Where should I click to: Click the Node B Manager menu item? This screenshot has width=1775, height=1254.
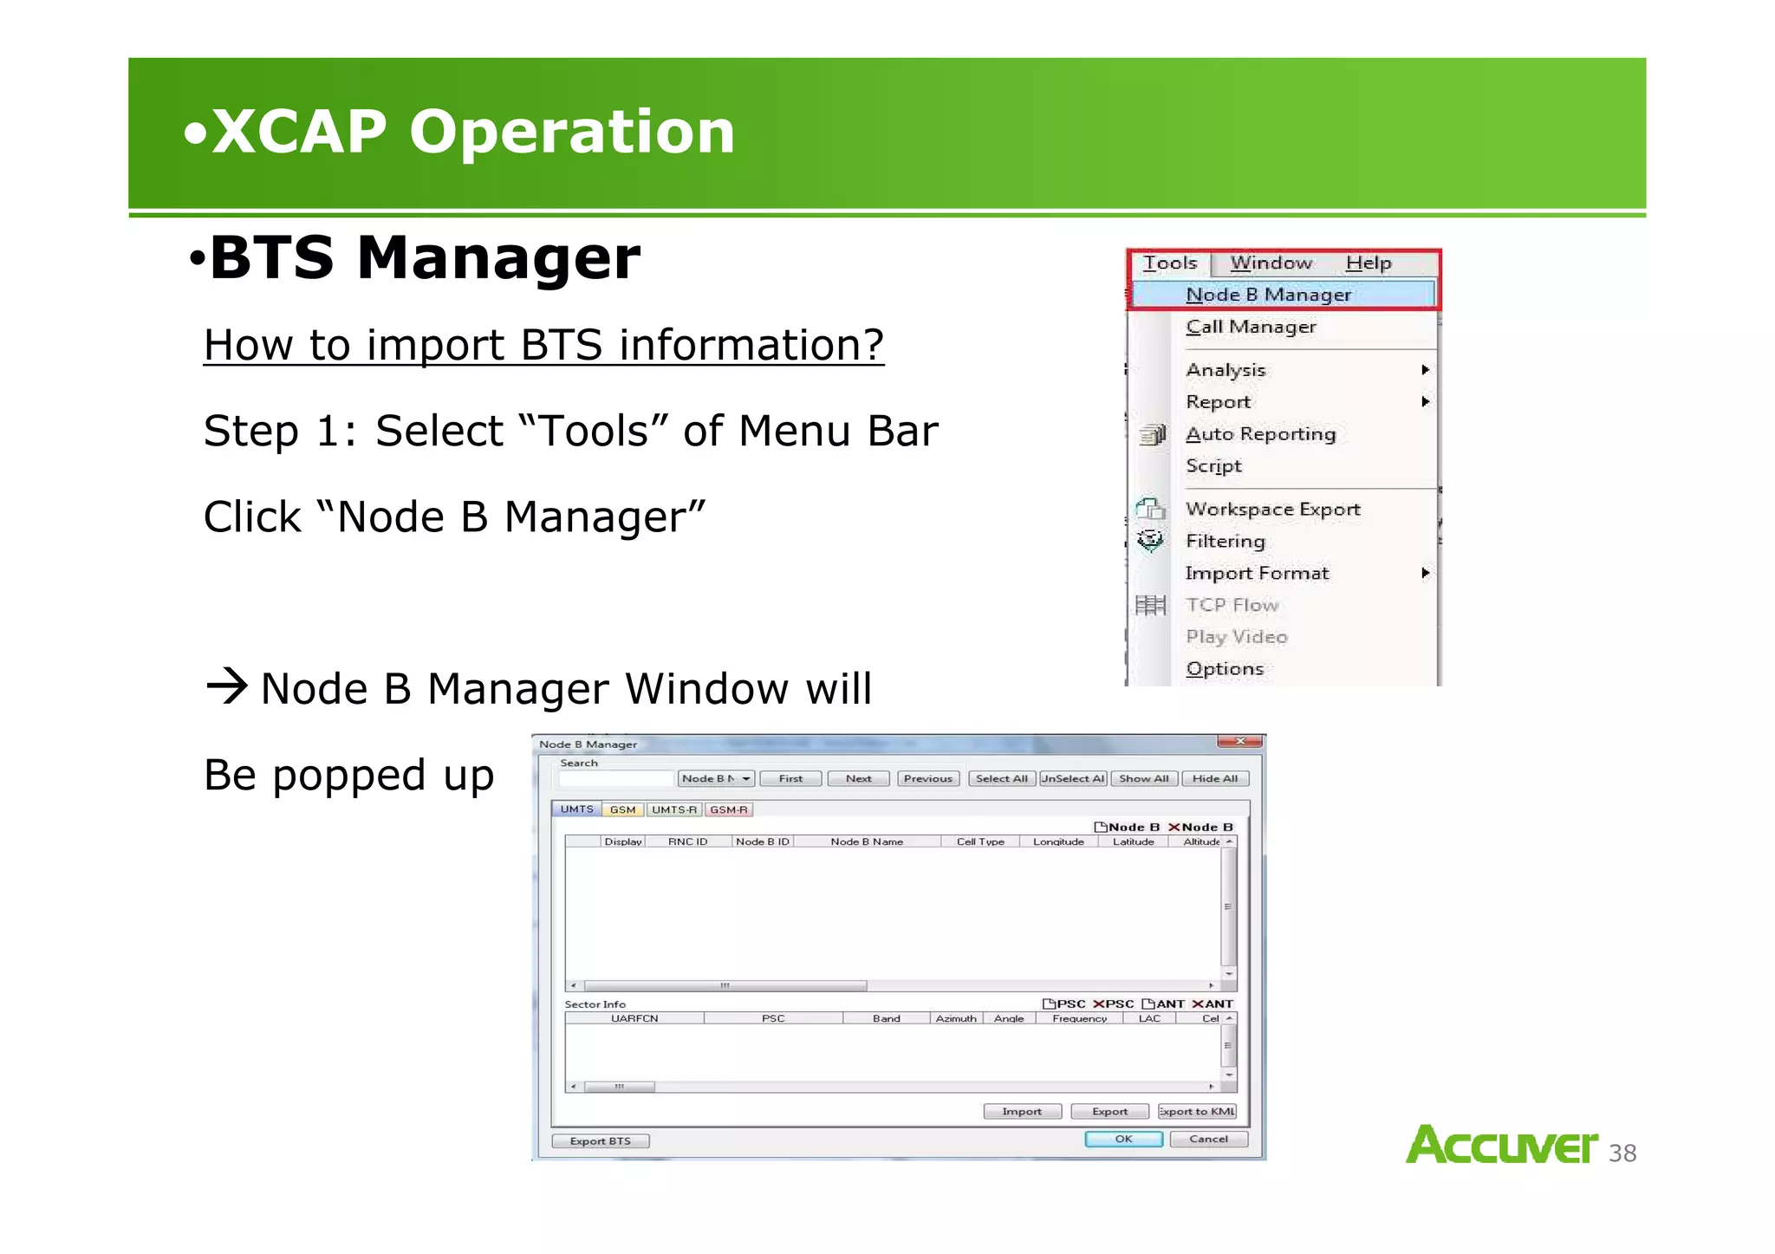point(1267,295)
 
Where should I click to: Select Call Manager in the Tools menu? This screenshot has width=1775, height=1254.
point(1250,327)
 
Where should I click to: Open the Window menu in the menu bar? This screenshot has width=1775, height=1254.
point(1271,263)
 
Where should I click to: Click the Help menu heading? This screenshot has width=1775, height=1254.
point(1368,263)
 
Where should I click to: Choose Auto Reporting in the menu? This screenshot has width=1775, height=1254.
point(1260,434)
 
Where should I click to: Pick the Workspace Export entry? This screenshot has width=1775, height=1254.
point(1272,510)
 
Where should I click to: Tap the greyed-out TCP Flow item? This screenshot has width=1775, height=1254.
point(1232,605)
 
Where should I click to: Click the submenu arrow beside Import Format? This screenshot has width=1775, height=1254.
point(1425,573)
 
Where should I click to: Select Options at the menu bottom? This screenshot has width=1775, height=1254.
point(1224,669)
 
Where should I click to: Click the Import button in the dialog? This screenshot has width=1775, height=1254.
point(1022,1112)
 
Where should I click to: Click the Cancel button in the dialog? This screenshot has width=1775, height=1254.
point(1208,1140)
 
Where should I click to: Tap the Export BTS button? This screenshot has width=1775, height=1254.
point(600,1141)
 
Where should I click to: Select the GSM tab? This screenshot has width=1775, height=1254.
point(622,809)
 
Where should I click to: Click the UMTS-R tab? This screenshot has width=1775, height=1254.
point(674,809)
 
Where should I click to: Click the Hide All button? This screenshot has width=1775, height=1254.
point(1214,778)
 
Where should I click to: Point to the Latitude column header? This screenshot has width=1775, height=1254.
point(1133,841)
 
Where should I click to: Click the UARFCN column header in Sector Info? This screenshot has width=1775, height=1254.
point(634,1018)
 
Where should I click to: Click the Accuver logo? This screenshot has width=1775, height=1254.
point(1501,1145)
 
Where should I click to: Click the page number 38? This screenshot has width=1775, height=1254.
point(1622,1153)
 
